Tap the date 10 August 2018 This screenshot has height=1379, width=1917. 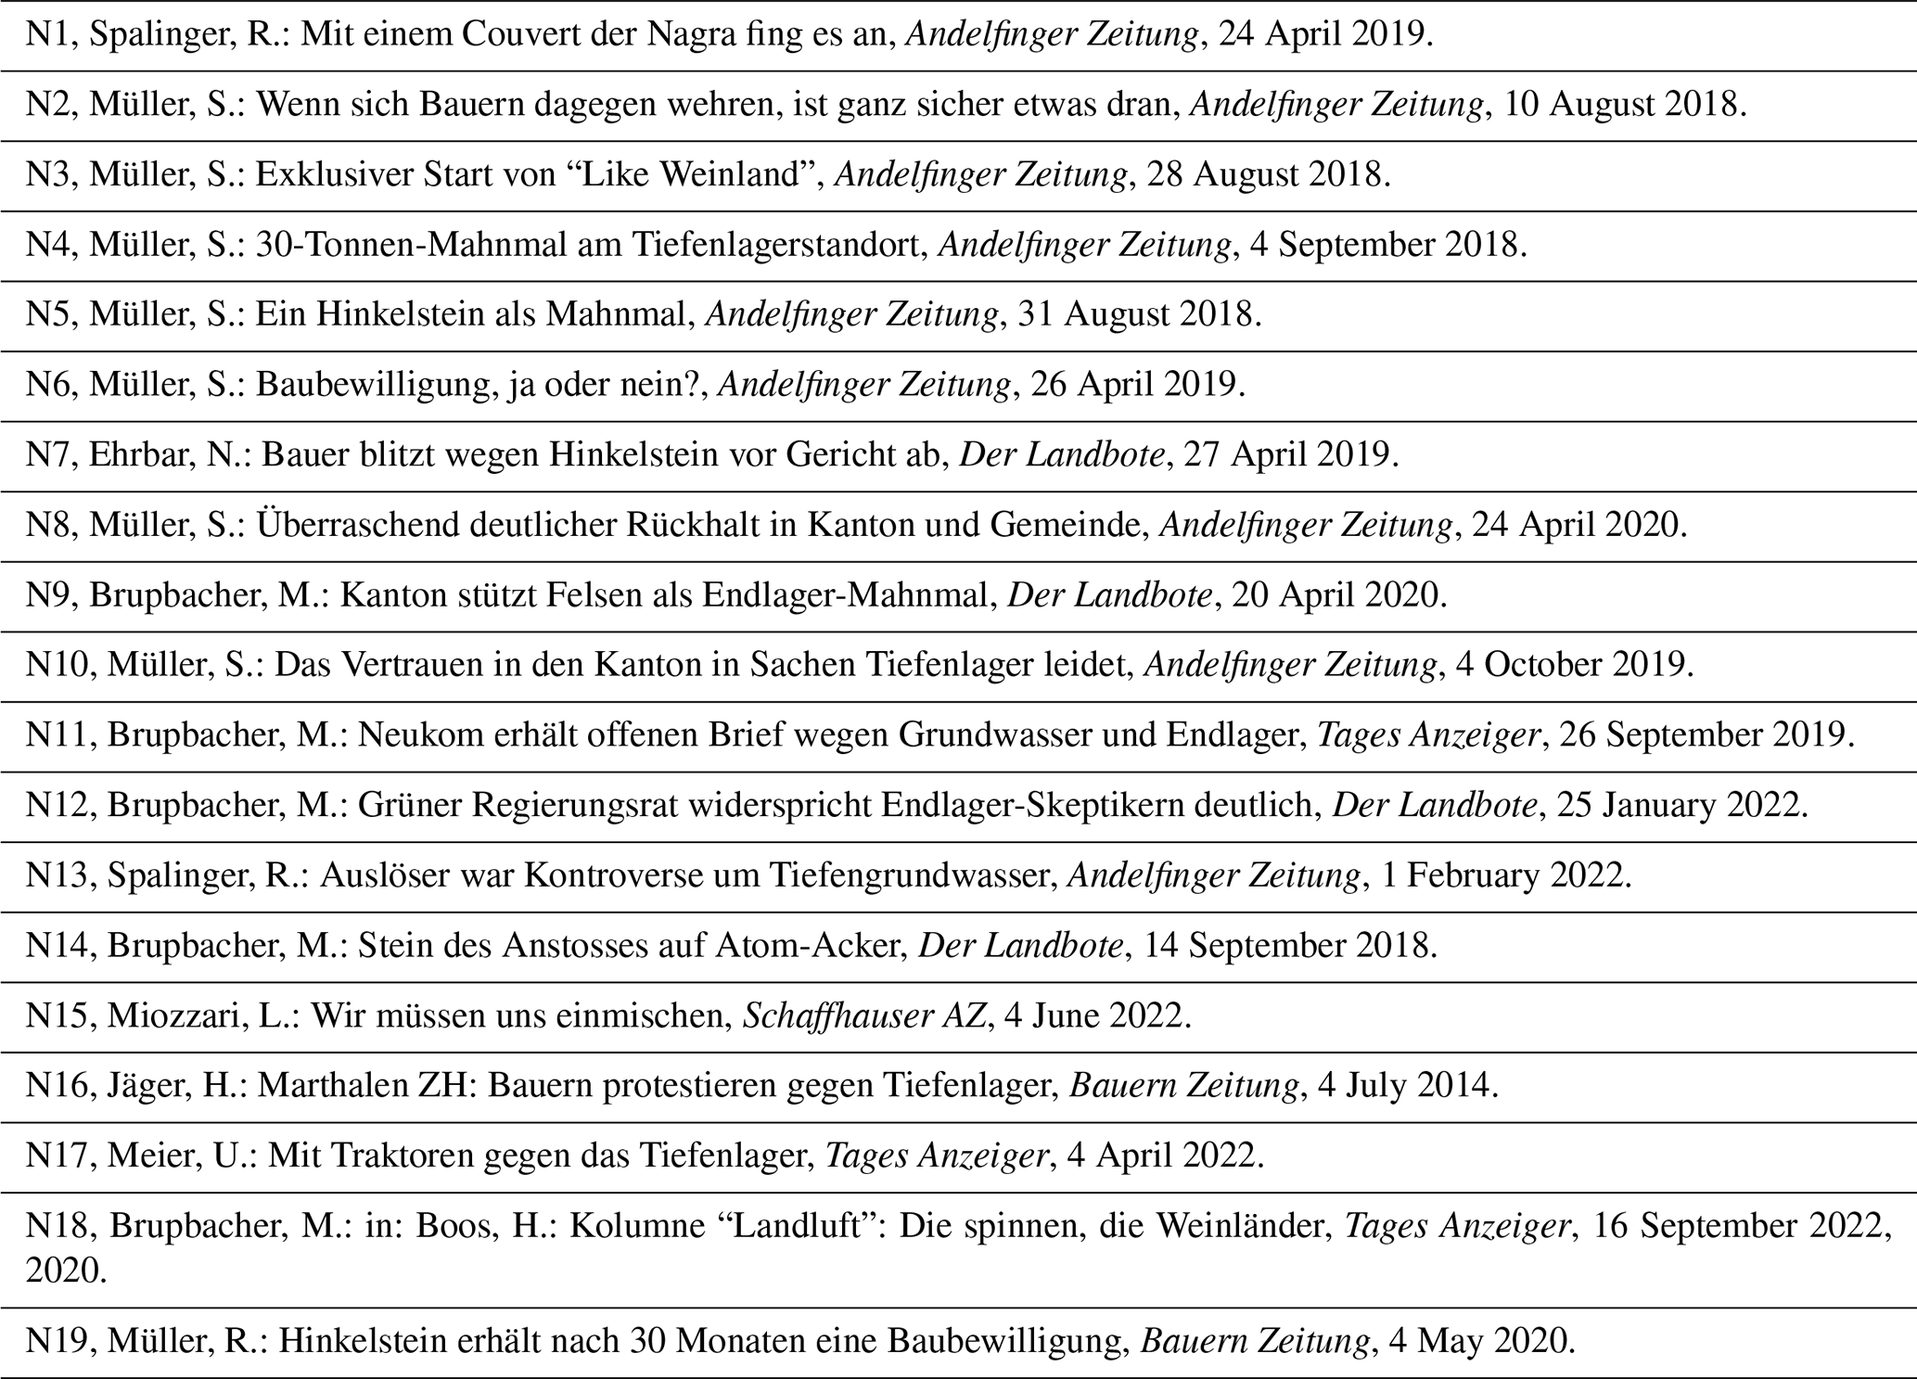(1624, 105)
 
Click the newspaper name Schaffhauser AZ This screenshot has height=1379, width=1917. (862, 1016)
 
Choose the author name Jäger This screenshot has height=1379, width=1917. (134, 1086)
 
